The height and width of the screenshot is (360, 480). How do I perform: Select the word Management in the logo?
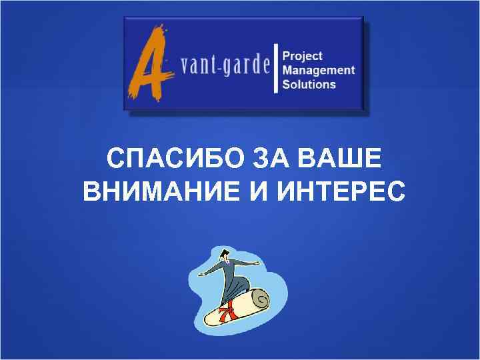(318, 70)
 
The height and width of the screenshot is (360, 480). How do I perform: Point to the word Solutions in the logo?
(309, 84)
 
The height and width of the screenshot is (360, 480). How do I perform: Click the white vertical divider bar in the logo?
(276, 69)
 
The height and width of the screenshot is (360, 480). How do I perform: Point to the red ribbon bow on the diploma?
(229, 309)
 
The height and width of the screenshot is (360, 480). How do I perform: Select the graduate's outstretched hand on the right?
(255, 264)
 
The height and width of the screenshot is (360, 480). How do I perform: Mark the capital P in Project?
(287, 56)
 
